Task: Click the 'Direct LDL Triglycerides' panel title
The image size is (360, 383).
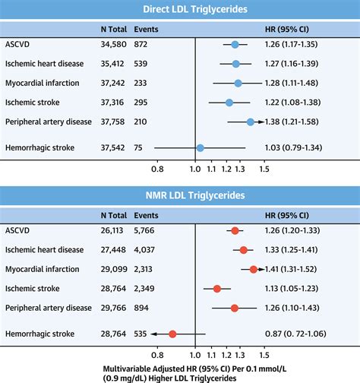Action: [x=180, y=9]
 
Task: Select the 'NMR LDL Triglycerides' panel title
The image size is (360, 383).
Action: [x=180, y=196]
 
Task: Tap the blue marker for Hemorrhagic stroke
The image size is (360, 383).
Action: [x=200, y=147]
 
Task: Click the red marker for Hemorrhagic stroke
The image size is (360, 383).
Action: [x=172, y=334]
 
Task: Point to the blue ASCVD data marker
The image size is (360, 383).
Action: [x=235, y=45]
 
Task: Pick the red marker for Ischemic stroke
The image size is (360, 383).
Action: [x=217, y=289]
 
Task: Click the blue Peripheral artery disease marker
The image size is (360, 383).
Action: [x=251, y=121]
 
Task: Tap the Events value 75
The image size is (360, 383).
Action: [x=140, y=147]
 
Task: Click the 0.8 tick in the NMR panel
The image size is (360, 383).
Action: [x=158, y=354]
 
